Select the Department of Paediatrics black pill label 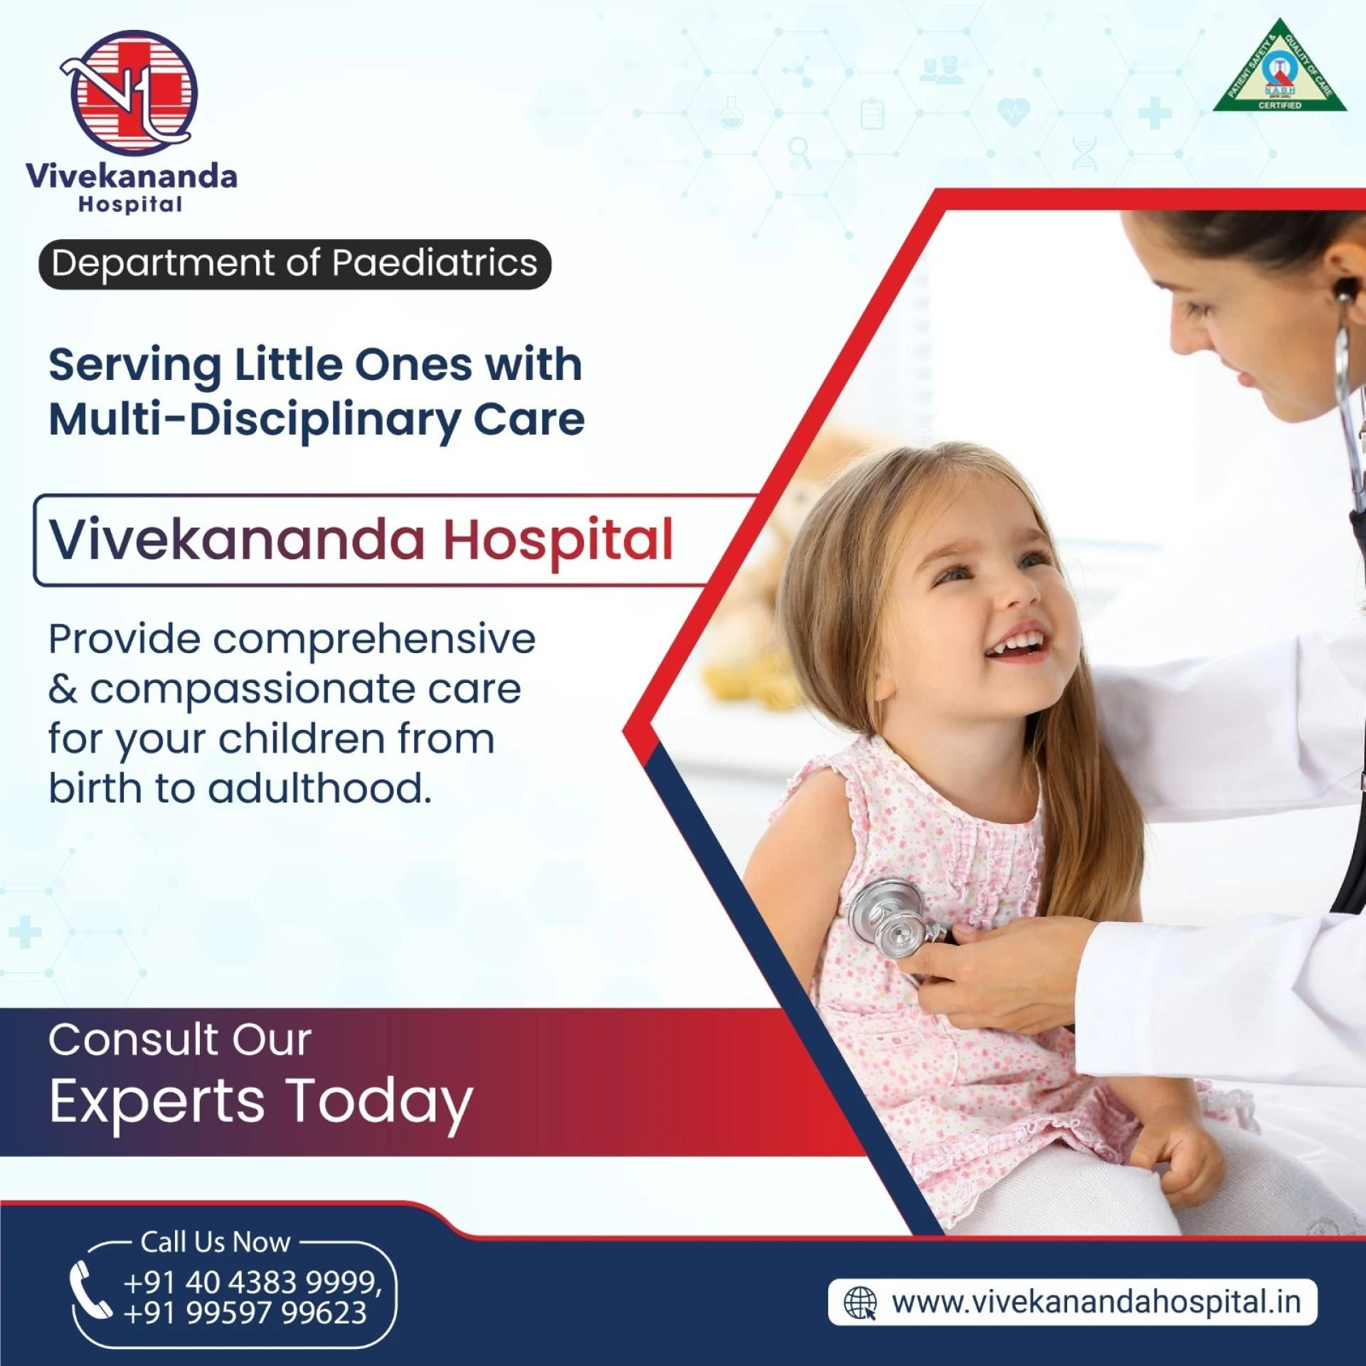295,264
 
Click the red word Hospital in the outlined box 558,541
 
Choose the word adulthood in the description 319,788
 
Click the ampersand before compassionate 63,689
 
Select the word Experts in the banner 157,1101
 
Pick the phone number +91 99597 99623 245,1313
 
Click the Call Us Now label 216,1241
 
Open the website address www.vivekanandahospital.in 1096,1302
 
